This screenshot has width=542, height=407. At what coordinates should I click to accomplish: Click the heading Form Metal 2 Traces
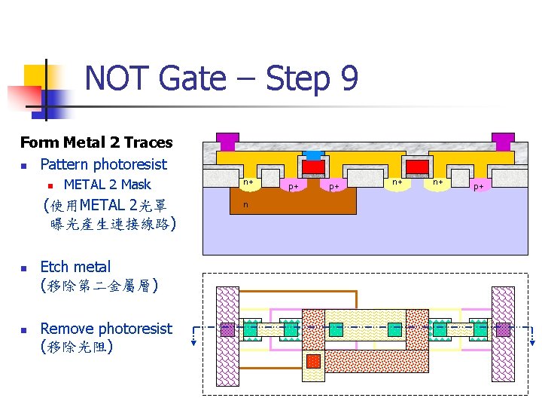(96, 142)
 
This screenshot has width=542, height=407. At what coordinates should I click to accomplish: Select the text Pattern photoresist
(103, 164)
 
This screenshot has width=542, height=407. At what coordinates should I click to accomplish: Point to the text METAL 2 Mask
(108, 185)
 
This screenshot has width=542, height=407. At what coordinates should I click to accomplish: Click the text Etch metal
(75, 267)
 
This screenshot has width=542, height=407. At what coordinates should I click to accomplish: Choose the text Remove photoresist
(106, 329)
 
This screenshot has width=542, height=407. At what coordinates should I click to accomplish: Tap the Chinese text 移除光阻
(78, 347)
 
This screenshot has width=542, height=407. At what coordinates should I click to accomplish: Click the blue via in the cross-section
(313, 155)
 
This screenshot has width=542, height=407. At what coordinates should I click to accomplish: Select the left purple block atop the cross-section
(227, 141)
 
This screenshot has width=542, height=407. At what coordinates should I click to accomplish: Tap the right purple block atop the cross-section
(503, 141)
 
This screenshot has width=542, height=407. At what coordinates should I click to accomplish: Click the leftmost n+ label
(248, 182)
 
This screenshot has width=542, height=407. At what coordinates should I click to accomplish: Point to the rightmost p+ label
(479, 185)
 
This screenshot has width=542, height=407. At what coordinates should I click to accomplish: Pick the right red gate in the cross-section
(417, 167)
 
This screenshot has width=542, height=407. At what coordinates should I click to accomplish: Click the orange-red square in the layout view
(313, 361)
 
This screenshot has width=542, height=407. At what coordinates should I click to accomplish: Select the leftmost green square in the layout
(250, 329)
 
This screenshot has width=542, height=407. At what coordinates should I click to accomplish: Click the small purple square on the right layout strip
(503, 329)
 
